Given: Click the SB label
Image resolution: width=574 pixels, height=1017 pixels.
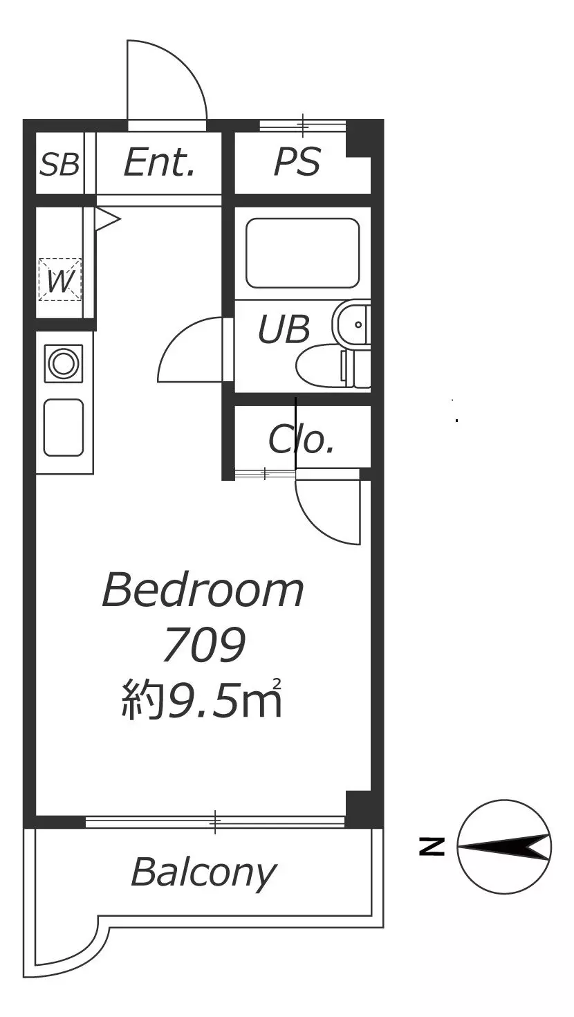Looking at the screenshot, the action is [59, 164].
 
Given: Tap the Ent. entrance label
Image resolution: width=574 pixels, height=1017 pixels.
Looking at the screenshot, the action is [159, 162].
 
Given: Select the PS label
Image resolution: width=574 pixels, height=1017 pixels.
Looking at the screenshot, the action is [297, 162].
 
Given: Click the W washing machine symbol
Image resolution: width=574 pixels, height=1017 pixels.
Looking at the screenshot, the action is [60, 280].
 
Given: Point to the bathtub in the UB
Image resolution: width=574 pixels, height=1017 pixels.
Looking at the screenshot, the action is [303, 253].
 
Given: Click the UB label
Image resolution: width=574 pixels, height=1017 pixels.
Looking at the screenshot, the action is [284, 329].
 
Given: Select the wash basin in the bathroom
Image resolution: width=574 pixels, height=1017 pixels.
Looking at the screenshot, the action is [351, 324].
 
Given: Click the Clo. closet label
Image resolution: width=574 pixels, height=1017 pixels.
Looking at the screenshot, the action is [302, 439].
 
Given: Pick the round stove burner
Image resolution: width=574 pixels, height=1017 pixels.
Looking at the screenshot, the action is [64, 363].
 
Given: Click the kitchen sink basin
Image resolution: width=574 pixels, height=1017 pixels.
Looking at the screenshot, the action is [64, 428].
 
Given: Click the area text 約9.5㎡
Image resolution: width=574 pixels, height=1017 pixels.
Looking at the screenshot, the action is [202, 698].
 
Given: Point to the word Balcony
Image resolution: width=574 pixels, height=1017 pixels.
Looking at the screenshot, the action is [204, 872].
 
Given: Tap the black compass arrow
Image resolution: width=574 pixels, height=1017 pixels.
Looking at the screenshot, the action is [503, 847].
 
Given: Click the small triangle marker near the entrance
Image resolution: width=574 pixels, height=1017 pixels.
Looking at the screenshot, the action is [107, 220].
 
